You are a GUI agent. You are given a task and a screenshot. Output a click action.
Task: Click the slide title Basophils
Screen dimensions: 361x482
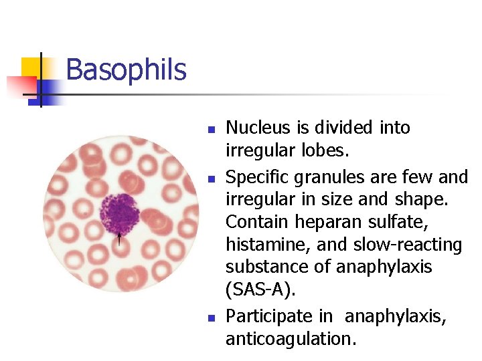(x=126, y=70)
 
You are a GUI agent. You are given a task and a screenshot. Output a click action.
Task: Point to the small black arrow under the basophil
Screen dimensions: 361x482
(x=120, y=238)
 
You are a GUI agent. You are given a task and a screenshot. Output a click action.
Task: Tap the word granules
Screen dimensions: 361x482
(x=317, y=178)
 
